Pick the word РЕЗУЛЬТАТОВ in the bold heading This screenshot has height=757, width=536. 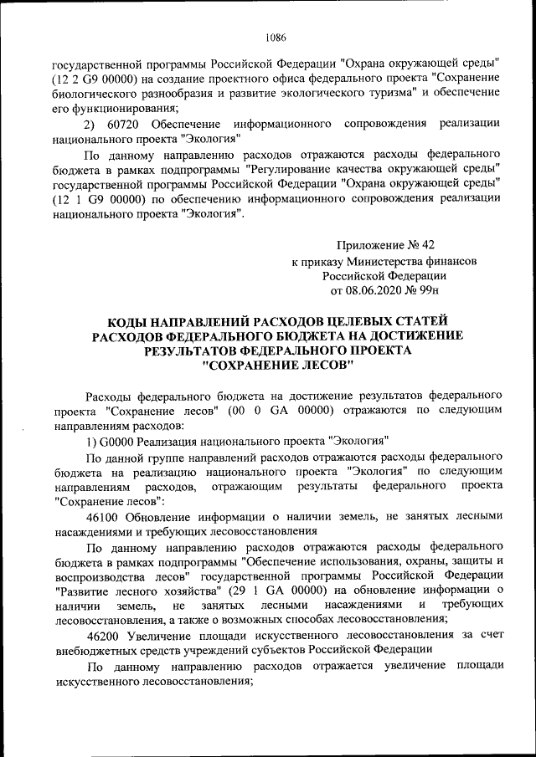[x=195, y=351]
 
